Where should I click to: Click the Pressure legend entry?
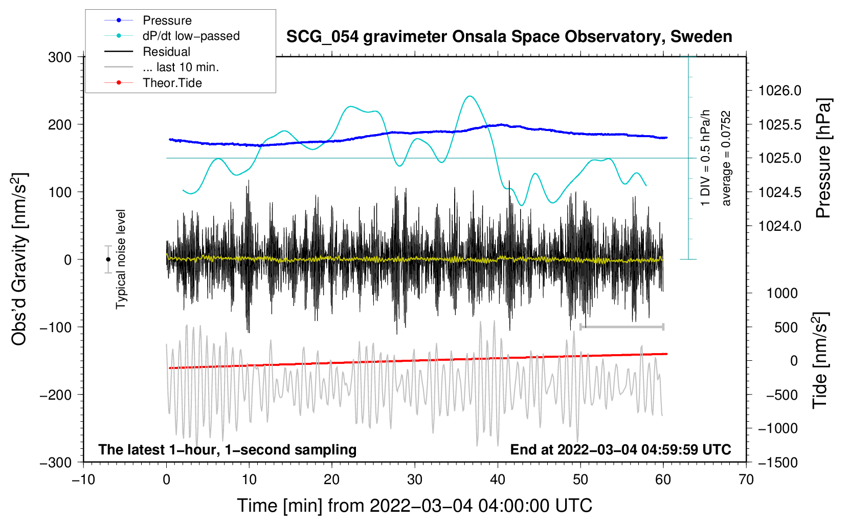coord(167,20)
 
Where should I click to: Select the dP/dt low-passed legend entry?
coord(191,36)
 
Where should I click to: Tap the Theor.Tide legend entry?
coord(172,83)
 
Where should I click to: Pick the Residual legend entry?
coord(166,52)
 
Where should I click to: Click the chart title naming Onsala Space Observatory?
coord(509,37)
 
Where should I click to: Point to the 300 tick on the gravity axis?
coord(60,57)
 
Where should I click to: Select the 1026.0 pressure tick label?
coord(779,91)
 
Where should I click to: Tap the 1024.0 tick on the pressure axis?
coord(779,226)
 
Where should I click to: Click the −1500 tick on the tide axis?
coord(777,462)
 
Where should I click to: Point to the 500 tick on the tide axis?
coord(786,327)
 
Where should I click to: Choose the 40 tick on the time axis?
coord(498,480)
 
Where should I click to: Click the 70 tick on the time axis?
coord(746,480)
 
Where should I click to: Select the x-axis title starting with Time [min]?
coord(414,506)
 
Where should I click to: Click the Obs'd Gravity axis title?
coord(19,259)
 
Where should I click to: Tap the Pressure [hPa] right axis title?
coord(823,158)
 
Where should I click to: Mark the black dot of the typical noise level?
coord(108,259)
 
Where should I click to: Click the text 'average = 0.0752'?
coord(726,158)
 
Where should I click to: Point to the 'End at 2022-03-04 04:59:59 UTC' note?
coord(620,449)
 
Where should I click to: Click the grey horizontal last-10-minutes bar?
coord(621,327)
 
